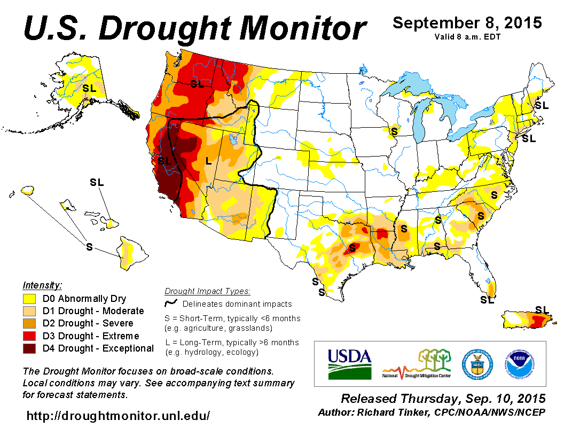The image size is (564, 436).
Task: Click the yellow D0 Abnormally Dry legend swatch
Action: point(29,299)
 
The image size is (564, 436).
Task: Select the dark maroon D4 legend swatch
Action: point(29,348)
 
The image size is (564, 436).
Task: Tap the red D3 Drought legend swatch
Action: point(29,336)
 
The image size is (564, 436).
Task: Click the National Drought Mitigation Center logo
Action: point(417,364)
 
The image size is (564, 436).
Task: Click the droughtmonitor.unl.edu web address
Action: point(118,415)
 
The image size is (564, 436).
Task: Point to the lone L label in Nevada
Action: point(208,160)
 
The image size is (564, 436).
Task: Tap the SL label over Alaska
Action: point(90,88)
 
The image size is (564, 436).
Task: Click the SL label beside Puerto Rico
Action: point(542,309)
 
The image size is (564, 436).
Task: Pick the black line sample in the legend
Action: point(171,303)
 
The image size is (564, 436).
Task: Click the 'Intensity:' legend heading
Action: point(42,285)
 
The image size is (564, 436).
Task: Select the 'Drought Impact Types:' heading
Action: point(207,291)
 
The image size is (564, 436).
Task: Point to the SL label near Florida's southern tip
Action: point(487,300)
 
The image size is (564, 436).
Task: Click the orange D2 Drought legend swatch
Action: point(29,323)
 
